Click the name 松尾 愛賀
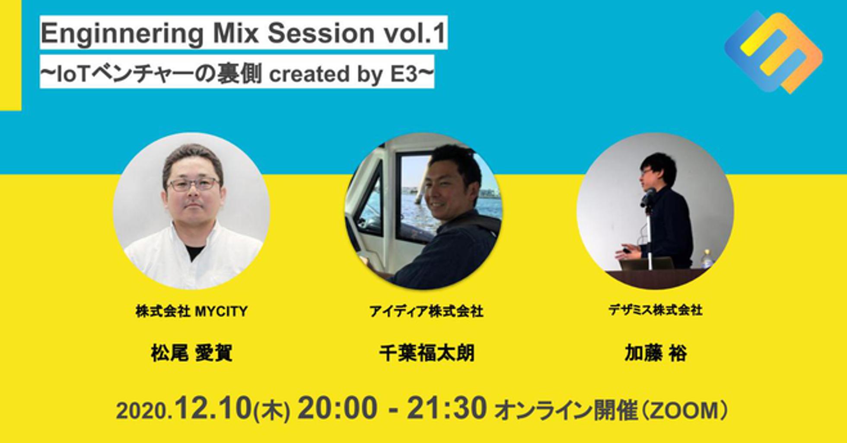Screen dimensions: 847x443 192,353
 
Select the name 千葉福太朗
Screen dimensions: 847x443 427,353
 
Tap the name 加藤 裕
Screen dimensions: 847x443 656,353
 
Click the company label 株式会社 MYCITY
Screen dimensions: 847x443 191,311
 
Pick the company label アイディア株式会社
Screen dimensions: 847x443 426,311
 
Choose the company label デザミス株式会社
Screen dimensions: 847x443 656,310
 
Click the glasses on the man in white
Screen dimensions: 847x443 193,185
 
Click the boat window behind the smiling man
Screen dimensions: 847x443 415,194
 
